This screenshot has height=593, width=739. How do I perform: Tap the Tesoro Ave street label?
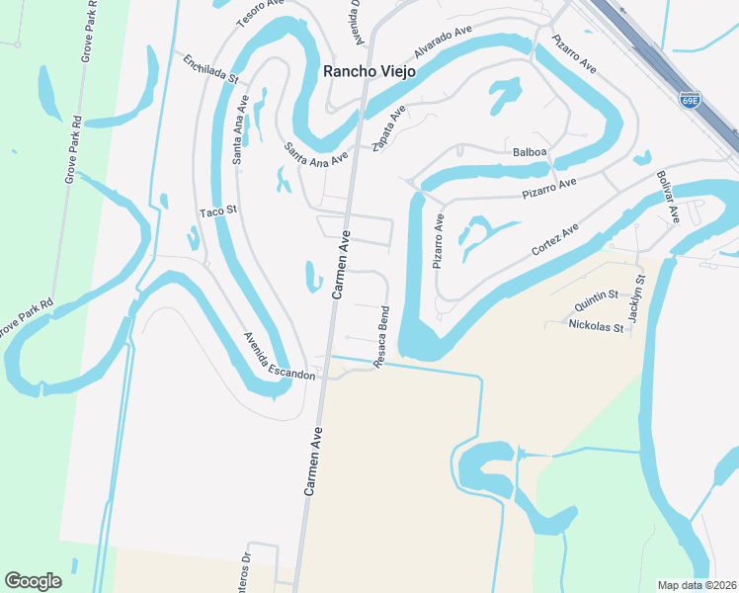pos(260,13)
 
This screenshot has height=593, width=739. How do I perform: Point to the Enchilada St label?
pos(210,68)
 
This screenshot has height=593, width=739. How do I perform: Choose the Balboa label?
pos(530,153)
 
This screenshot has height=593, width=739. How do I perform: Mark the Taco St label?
pos(218,212)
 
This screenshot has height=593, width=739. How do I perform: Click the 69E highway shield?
pos(690,99)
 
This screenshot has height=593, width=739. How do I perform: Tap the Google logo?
pos(33,581)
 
